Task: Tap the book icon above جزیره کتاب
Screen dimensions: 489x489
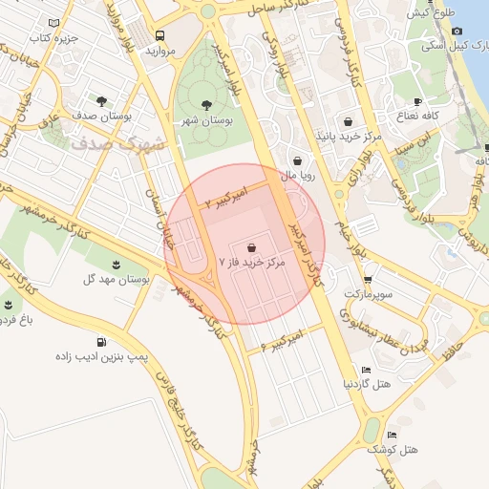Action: click(53, 23)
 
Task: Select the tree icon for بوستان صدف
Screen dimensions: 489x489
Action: click(101, 98)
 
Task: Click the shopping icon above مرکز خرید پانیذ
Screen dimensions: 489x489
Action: click(348, 121)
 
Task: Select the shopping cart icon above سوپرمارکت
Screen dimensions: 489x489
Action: click(368, 280)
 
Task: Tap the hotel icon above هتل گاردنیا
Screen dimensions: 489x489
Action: click(367, 370)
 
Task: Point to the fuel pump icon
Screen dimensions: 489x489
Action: click(101, 341)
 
